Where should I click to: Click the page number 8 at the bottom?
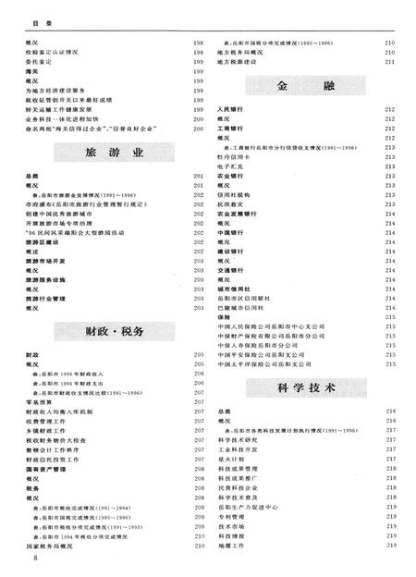click(35, 559)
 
